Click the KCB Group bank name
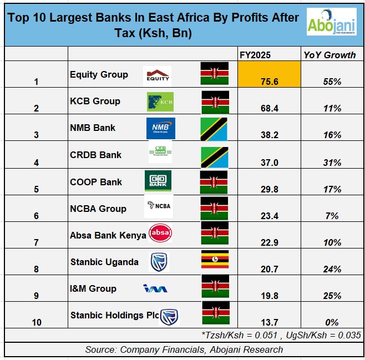point(95,101)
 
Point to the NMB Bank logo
point(160,128)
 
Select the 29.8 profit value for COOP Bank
point(268,189)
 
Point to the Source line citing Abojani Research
point(184,349)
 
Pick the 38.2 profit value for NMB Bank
point(268,135)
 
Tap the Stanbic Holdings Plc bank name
point(114,315)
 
